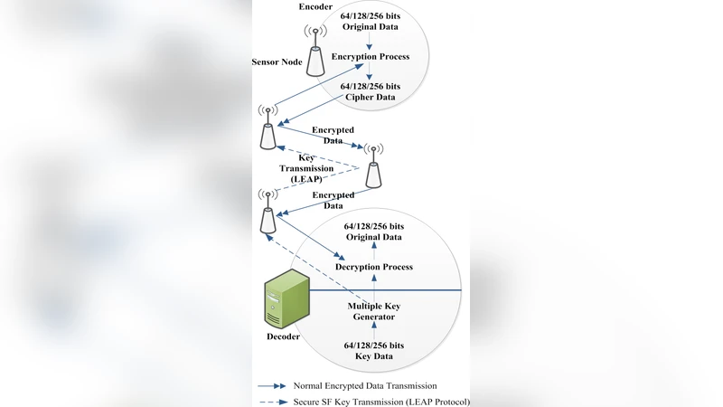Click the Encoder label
click(315, 7)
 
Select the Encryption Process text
click(370, 57)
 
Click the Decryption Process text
click(373, 267)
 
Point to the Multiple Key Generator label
click(373, 311)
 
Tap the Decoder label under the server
click(284, 337)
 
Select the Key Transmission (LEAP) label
click(312, 169)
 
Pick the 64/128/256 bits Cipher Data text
click(369, 91)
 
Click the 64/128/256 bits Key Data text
click(373, 351)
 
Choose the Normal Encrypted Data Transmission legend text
click(365, 385)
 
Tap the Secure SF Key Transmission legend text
click(380, 402)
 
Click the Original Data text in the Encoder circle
click(369, 21)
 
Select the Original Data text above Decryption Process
click(373, 231)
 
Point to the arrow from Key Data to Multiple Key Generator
click(373, 331)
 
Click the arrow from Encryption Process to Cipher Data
click(369, 72)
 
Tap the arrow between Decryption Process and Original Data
click(373, 251)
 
